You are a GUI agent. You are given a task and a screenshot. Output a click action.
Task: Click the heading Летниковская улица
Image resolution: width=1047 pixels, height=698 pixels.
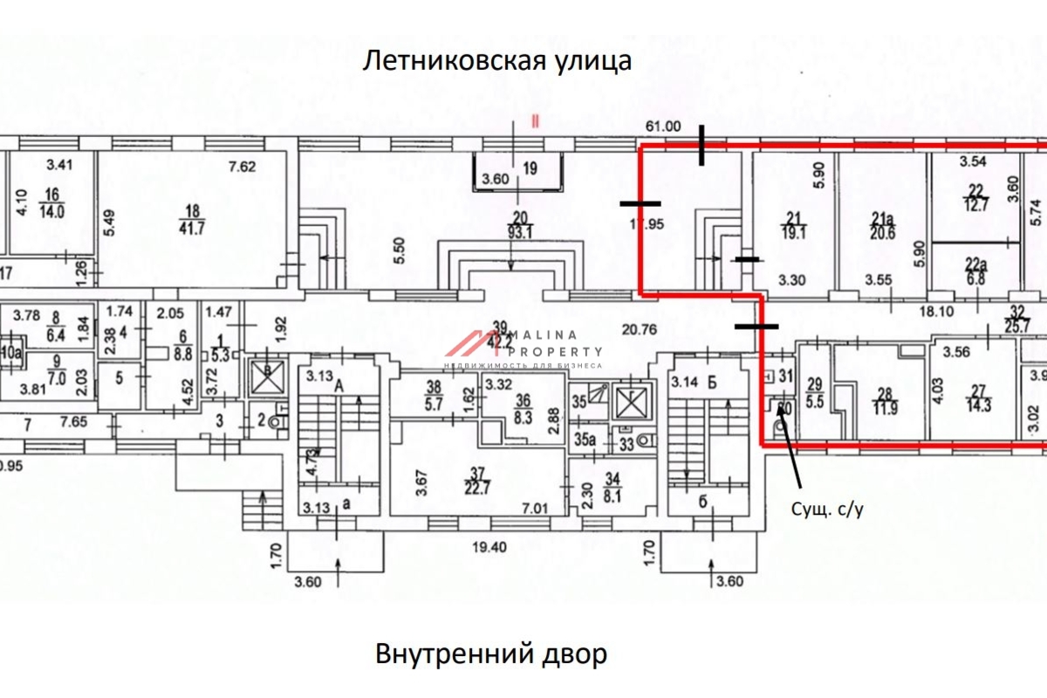click(x=496, y=61)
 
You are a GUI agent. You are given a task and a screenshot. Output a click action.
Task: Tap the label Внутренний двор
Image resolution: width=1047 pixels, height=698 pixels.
click(x=491, y=654)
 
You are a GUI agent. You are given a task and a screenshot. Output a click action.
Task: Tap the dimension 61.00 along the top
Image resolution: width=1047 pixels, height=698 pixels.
click(x=662, y=126)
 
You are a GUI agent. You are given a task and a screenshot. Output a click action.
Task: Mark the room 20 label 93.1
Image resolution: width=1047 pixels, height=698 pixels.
click(x=521, y=226)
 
